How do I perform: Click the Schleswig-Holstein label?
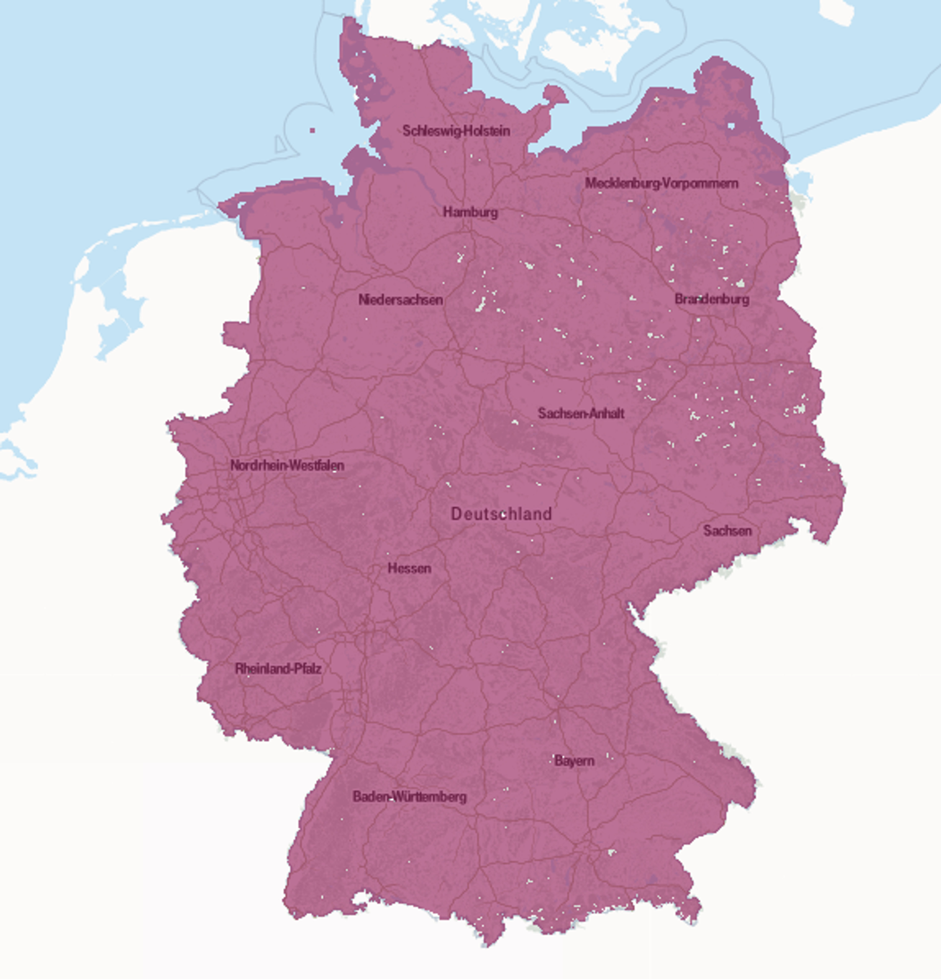(x=456, y=131)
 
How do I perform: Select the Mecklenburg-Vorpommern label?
(x=661, y=183)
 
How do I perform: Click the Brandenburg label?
(x=712, y=299)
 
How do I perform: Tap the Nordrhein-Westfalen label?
(x=287, y=465)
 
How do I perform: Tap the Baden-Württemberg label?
(x=409, y=797)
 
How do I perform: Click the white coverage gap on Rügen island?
(x=732, y=125)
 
